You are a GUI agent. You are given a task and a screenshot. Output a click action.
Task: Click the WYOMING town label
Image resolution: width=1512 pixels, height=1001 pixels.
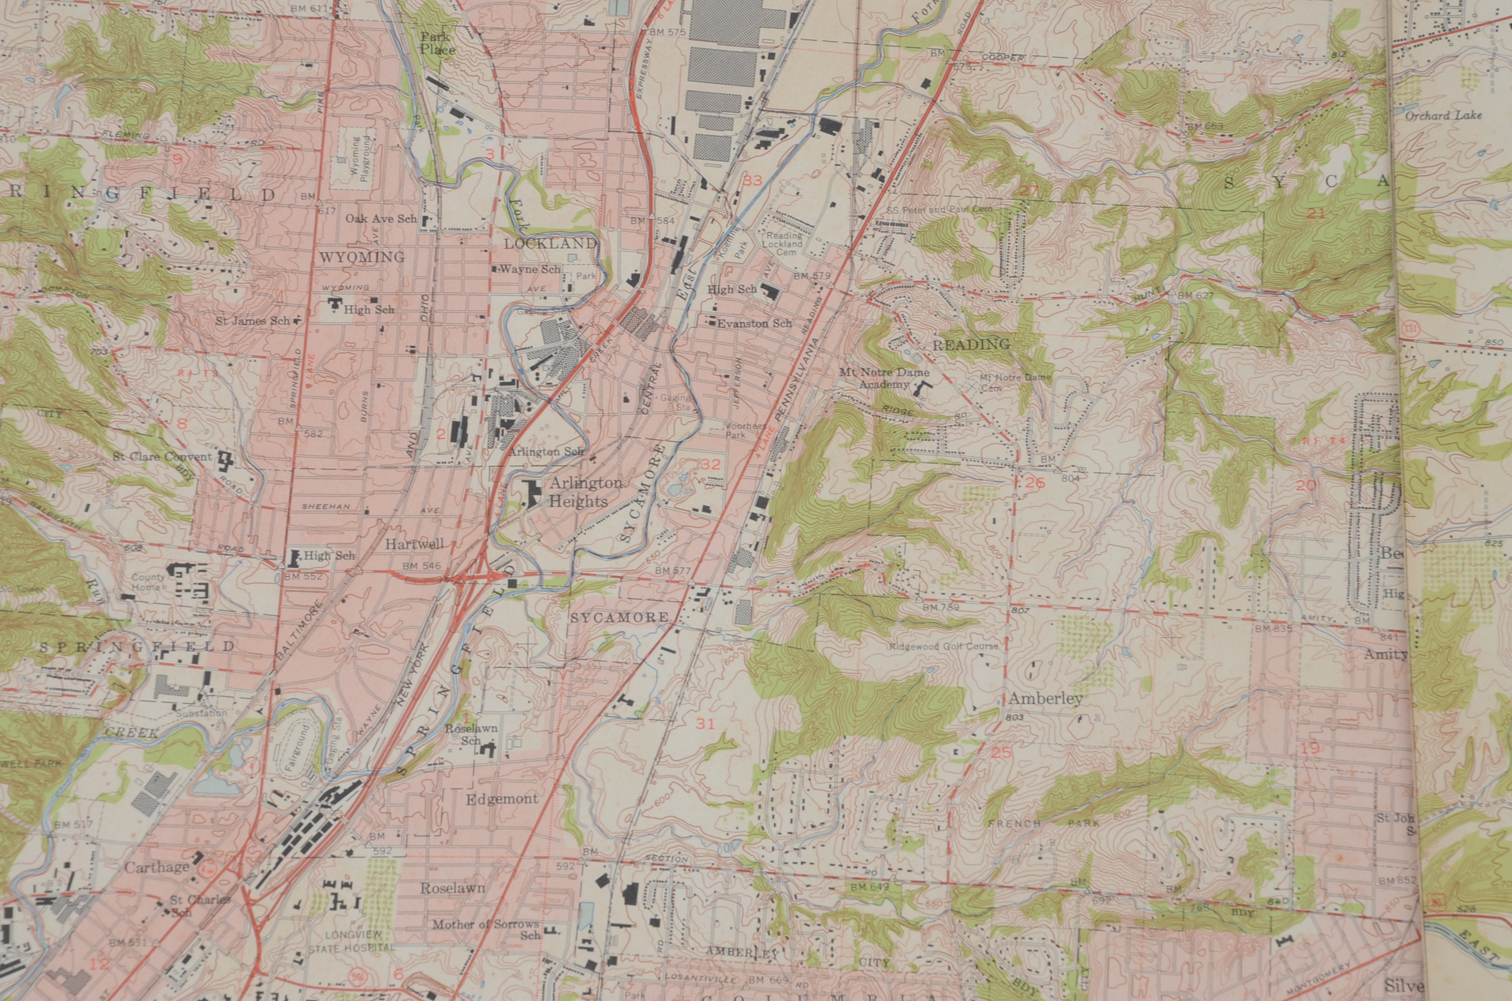[362, 257]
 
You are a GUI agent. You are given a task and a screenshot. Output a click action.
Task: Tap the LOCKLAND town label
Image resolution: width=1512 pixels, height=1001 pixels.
[549, 244]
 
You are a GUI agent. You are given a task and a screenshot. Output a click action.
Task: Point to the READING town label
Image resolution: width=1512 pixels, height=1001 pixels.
[971, 345]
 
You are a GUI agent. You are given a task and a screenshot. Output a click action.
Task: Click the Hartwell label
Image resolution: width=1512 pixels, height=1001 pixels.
[414, 545]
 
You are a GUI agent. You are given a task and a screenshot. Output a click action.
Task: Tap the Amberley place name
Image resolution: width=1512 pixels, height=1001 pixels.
[1045, 699]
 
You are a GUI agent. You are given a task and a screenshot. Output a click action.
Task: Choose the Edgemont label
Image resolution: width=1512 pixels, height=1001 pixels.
[501, 799]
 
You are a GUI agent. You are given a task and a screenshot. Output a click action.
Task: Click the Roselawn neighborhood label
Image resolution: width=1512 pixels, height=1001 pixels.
[452, 888]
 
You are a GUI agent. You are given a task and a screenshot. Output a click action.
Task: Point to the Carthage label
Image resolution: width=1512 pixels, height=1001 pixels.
[156, 867]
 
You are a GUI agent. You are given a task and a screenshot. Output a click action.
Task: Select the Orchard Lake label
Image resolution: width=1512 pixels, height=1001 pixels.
[1443, 115]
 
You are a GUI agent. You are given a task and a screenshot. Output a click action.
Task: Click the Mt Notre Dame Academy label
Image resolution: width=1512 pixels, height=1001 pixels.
[884, 378]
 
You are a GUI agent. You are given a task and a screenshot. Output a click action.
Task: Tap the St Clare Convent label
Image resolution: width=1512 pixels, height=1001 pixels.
[162, 456]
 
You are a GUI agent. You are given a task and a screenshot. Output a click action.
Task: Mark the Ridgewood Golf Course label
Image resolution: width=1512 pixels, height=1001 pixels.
[943, 646]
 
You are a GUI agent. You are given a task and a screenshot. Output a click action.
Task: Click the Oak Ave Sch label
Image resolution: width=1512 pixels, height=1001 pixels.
[380, 218]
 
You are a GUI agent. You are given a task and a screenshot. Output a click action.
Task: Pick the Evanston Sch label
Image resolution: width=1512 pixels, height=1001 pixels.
[754, 324]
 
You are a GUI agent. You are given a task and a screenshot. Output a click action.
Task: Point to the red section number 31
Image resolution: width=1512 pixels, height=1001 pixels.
[705, 723]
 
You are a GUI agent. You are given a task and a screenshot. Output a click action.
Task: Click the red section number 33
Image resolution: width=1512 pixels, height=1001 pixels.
[752, 181]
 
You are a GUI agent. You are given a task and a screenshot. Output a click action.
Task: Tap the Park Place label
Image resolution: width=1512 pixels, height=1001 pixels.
[437, 43]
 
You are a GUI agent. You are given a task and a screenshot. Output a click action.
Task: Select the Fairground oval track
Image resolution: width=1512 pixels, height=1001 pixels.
[296, 746]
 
